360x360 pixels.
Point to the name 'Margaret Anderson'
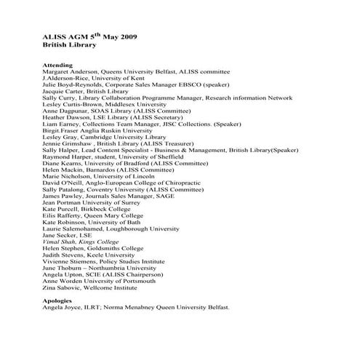click(x=71, y=73)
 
